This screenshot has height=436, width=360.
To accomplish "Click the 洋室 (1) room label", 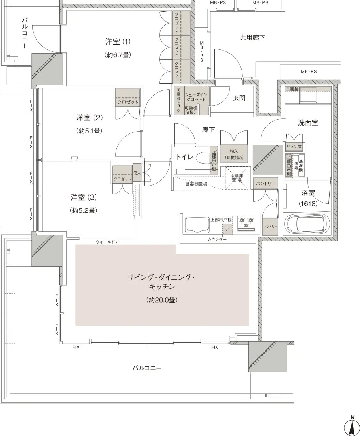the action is [x=118, y=42].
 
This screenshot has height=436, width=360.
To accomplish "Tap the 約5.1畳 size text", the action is [x=90, y=131].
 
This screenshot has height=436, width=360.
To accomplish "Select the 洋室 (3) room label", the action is [x=83, y=198].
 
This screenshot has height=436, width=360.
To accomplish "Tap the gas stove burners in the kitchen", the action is [x=246, y=223].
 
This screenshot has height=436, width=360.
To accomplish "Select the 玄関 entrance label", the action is [x=239, y=98].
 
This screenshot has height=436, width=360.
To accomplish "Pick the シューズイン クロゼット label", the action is [x=196, y=97].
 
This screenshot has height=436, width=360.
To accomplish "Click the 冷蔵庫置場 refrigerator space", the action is [x=236, y=178].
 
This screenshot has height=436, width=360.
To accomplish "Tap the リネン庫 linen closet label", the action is [x=295, y=147].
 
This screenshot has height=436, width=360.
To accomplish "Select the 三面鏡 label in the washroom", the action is [x=292, y=89].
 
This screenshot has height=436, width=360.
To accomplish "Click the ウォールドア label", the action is [x=107, y=242].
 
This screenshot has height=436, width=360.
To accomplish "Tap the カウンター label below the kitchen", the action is [x=217, y=239].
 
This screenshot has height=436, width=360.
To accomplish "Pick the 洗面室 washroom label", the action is [x=308, y=122].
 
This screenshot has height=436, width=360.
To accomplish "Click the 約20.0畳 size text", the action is [x=162, y=300].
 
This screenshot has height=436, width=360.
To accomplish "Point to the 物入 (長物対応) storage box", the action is [x=234, y=153].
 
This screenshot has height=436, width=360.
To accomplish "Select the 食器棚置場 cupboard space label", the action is [x=196, y=184].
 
